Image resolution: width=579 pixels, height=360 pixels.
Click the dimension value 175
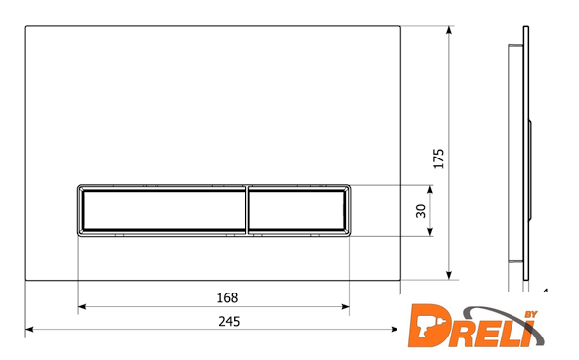point(438,158)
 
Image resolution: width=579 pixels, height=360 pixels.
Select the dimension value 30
point(421,211)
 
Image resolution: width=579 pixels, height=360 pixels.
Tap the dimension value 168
point(227,297)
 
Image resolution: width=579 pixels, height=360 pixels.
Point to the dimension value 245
point(229,321)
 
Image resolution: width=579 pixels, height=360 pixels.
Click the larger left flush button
point(162,210)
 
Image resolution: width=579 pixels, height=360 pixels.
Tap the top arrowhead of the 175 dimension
point(449,30)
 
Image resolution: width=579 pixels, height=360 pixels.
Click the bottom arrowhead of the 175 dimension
point(449,275)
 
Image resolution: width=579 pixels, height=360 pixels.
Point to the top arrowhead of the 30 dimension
point(430,190)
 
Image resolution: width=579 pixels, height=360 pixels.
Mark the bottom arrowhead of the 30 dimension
point(430,231)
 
